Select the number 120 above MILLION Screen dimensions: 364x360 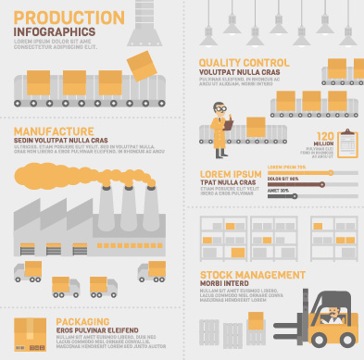click(324, 135)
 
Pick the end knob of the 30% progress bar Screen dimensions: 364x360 click(295, 194)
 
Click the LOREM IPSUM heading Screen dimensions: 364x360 click(232, 173)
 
